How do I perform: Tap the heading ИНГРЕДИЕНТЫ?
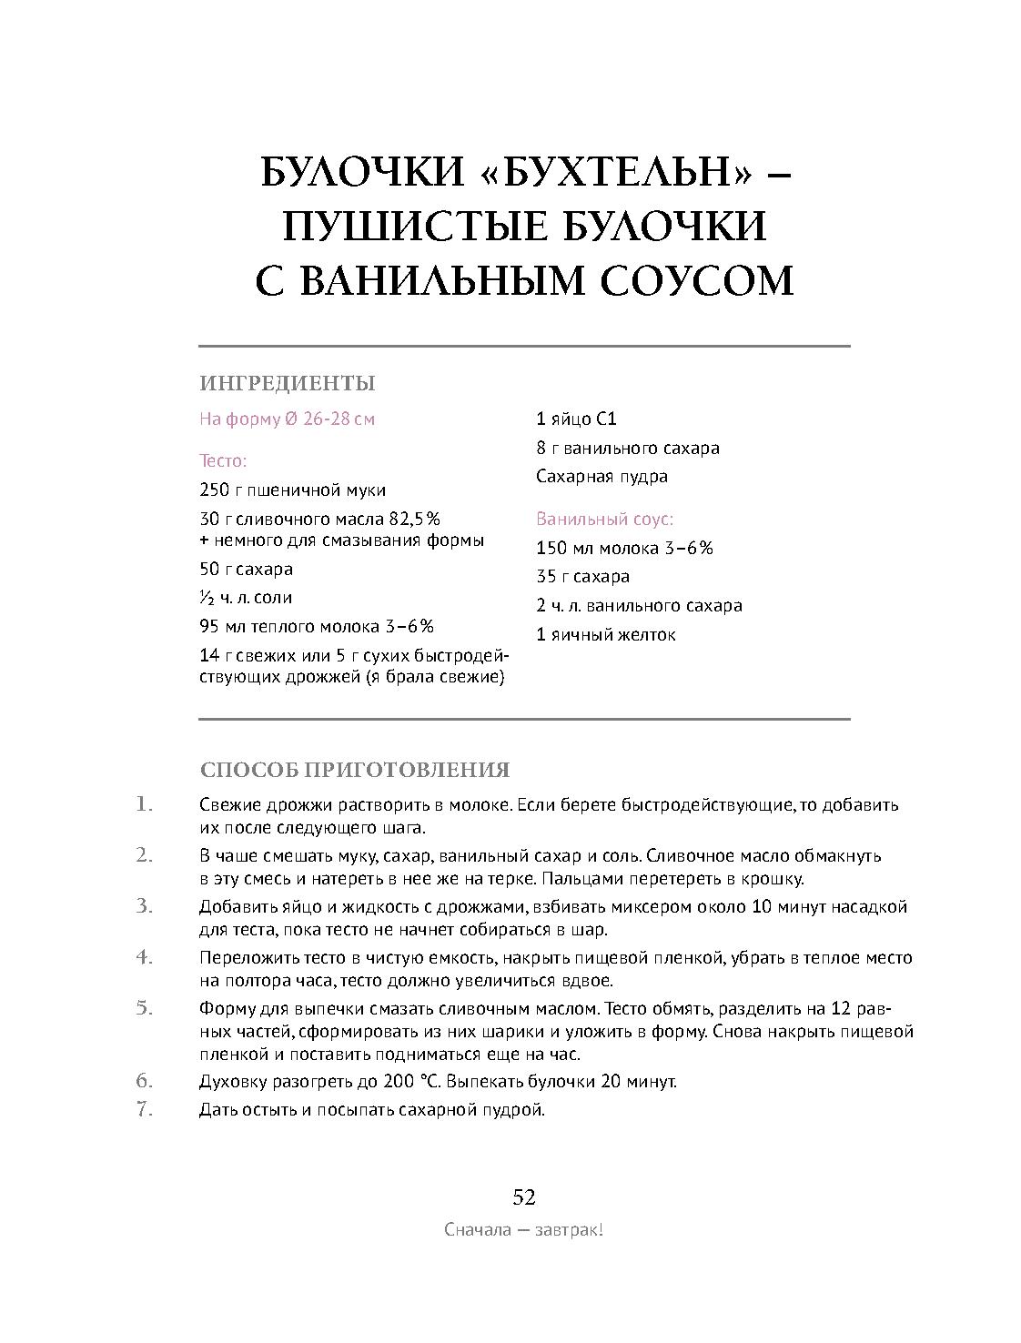(288, 384)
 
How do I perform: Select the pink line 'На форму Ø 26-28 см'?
(287, 419)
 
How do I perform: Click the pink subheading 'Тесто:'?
(223, 461)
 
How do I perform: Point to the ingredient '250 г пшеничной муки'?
(292, 490)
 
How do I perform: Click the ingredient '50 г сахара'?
(246, 570)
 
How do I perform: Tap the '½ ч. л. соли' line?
(246, 599)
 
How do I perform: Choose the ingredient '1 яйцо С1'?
(576, 419)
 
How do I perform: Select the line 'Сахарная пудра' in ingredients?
(601, 477)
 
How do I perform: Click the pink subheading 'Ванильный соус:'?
(604, 520)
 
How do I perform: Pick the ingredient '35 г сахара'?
(582, 577)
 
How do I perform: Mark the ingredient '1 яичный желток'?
(605, 635)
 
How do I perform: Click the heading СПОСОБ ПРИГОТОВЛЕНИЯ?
(354, 771)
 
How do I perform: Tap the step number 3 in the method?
(144, 906)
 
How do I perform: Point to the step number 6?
(144, 1082)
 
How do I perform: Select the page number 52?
(524, 1197)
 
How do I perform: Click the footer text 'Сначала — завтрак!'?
(524, 1231)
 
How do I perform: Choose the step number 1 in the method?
(144, 804)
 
